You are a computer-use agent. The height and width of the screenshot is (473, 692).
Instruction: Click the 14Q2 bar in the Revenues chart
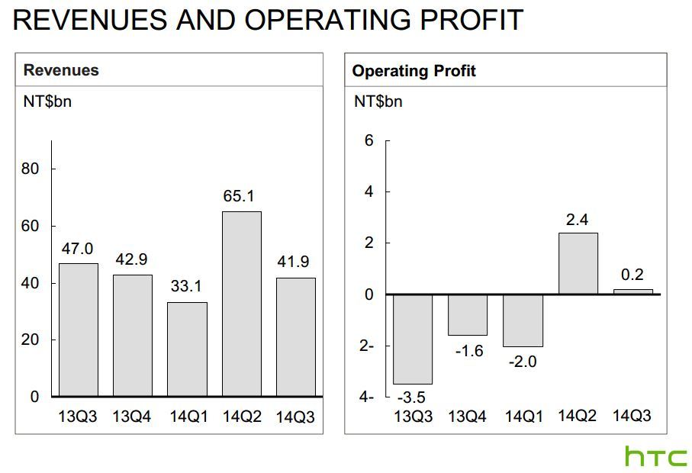click(x=242, y=304)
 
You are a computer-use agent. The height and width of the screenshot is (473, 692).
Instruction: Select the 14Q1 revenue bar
click(x=187, y=349)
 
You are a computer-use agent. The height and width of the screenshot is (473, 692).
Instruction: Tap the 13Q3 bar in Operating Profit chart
click(x=413, y=339)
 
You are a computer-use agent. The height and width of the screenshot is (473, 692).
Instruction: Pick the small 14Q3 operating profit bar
click(x=632, y=291)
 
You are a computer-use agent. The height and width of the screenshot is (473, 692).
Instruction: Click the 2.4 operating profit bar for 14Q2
click(x=578, y=263)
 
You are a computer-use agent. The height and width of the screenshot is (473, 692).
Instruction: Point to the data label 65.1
click(x=239, y=196)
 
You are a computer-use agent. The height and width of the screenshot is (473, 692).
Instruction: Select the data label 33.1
click(x=185, y=287)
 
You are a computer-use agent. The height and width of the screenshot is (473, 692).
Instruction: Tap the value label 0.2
click(x=632, y=275)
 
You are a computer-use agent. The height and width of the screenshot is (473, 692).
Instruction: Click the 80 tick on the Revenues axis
click(x=30, y=169)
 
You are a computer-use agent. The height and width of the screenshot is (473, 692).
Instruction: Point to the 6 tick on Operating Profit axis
click(x=369, y=141)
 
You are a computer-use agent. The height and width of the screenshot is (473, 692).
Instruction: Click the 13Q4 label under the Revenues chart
click(x=132, y=417)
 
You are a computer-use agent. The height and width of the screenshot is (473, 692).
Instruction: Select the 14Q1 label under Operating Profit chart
click(x=523, y=417)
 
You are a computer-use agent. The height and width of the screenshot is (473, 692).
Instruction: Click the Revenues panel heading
click(x=61, y=71)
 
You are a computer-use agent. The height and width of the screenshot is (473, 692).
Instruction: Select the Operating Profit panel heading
click(x=414, y=71)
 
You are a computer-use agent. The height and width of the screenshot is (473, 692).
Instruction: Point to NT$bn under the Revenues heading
click(x=47, y=101)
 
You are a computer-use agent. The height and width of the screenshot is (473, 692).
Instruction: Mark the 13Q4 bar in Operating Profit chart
click(x=468, y=315)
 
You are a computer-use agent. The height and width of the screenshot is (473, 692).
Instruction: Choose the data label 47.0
click(x=77, y=249)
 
